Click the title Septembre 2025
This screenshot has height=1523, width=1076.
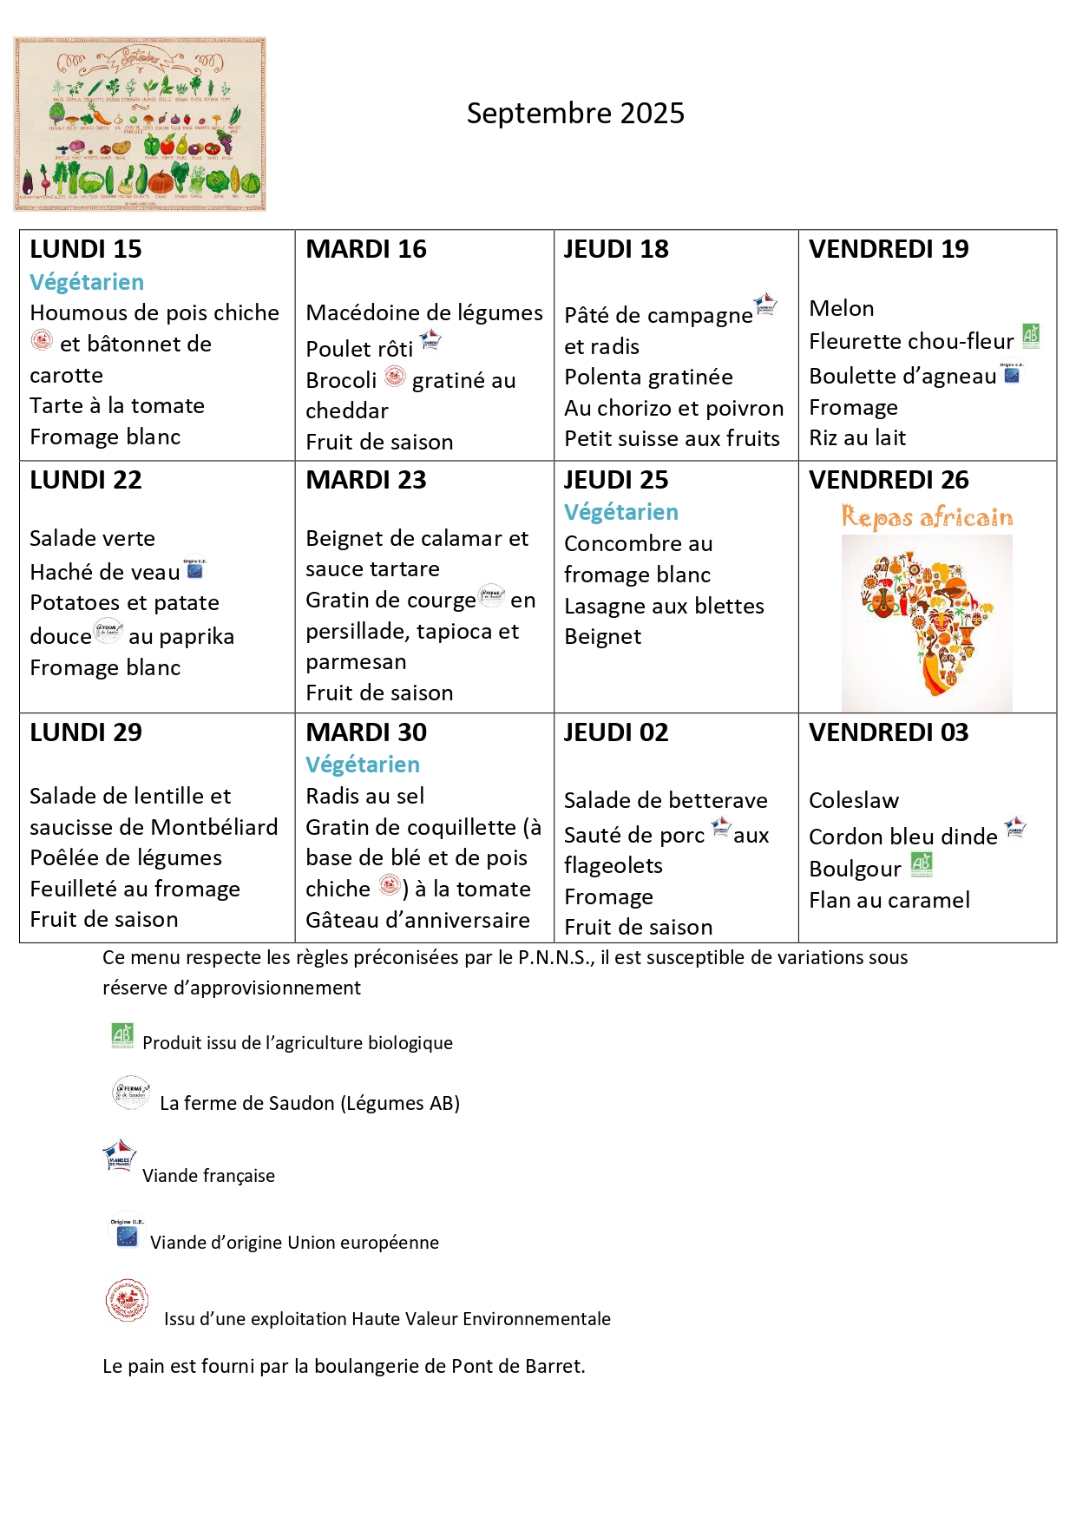click(575, 114)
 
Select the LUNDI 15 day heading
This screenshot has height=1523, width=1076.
click(85, 250)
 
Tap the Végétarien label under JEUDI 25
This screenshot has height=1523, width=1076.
click(620, 513)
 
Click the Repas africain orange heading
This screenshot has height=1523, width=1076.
click(927, 517)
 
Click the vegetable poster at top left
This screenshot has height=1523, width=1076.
click(140, 124)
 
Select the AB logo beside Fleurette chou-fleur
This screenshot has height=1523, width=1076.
click(1031, 336)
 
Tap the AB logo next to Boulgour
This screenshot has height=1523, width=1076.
click(922, 864)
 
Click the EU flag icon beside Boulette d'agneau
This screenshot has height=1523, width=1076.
click(1012, 374)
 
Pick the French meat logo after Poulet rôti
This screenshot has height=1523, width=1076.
click(430, 341)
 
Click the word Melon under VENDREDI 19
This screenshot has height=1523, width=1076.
click(841, 309)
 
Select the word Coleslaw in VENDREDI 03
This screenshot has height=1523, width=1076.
click(853, 801)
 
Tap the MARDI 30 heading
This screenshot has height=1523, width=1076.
click(366, 733)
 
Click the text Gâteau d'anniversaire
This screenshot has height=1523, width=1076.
click(417, 921)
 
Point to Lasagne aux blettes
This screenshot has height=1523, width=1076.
click(664, 607)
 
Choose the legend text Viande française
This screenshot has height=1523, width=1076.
click(208, 1176)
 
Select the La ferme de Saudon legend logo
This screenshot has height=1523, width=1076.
click(131, 1093)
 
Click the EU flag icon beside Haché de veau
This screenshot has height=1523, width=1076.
click(195, 569)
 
